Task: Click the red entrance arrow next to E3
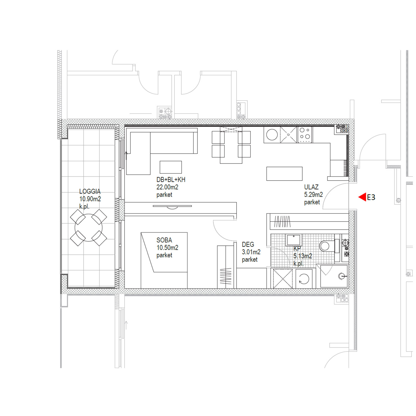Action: [362, 197]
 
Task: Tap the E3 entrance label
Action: [371, 197]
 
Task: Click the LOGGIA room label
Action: [90, 191]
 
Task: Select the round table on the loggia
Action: [88, 228]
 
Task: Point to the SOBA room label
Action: [164, 240]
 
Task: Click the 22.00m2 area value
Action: [167, 187]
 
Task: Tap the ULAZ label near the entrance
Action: [311, 187]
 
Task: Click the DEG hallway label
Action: [248, 244]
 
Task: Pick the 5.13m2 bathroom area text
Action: [303, 256]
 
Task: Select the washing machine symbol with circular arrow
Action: [304, 279]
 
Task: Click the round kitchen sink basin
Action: [272, 135]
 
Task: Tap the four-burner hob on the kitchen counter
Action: [305, 135]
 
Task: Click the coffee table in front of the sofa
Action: [171, 167]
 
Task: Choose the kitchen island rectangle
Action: [284, 174]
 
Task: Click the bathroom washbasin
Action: [293, 240]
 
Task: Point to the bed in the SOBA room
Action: [164, 260]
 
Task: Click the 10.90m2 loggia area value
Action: [90, 199]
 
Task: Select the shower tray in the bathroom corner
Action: [334, 276]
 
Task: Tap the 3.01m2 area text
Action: [251, 252]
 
